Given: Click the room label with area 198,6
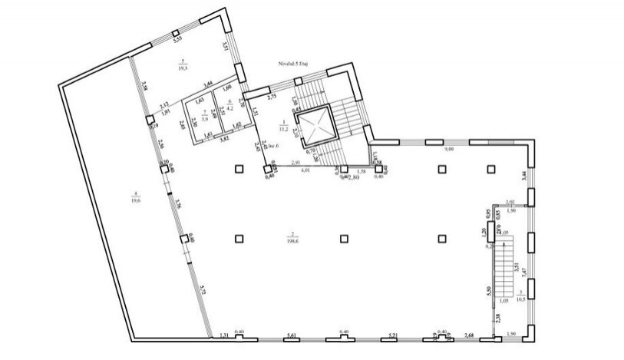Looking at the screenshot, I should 292,238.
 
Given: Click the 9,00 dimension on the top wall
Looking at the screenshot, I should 451,150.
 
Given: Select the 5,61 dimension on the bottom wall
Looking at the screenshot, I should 292,335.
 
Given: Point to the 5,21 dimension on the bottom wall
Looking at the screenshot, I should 392,335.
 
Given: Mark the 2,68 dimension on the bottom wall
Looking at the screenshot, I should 470,335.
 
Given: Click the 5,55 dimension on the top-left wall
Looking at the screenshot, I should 176,37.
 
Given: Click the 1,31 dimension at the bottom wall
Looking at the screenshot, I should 224,335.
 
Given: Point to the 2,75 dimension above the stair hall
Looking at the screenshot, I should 272,98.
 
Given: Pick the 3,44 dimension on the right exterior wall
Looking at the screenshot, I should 524,176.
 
